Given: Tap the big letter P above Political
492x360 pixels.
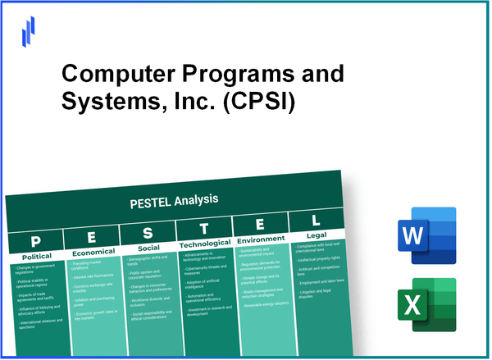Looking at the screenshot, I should click(x=36, y=241).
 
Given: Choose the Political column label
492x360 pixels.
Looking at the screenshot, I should click(x=35, y=257).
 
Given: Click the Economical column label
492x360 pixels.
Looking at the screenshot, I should click(x=93, y=253).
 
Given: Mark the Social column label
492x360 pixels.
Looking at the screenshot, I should click(x=148, y=248).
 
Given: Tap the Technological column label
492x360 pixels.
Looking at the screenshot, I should click(x=205, y=244).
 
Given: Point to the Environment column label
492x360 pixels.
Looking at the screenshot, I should click(x=261, y=240).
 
